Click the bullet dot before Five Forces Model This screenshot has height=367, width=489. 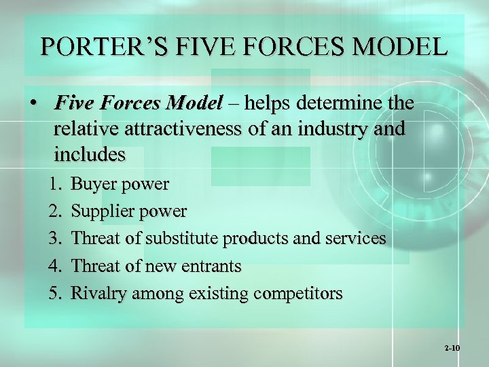[32, 104]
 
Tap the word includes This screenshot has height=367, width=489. [90, 154]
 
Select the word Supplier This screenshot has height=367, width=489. [101, 211]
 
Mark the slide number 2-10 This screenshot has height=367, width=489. [452, 348]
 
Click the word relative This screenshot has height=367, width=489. [85, 129]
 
